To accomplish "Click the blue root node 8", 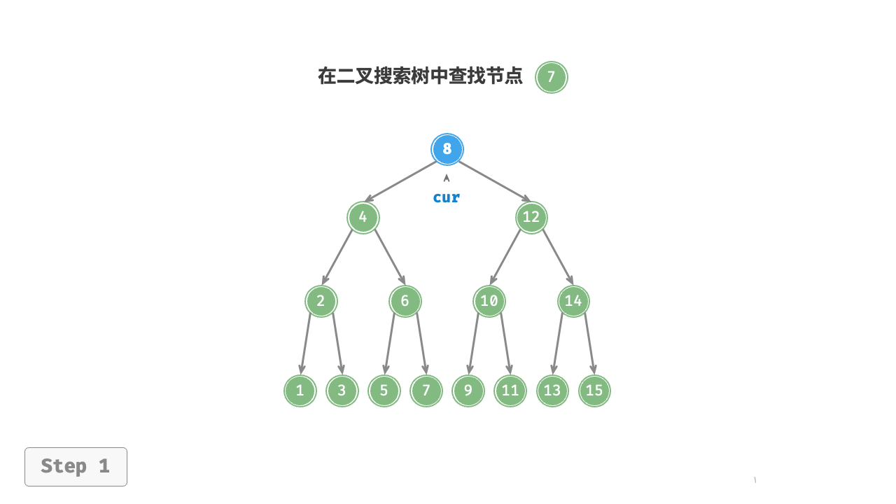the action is [447, 149].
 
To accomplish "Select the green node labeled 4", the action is [363, 217].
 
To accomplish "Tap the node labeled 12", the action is [531, 217].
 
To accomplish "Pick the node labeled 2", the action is [321, 301].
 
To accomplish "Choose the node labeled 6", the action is [405, 301].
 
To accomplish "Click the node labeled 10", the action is [489, 301].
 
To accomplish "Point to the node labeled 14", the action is [573, 301].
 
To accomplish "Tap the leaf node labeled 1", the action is [300, 391].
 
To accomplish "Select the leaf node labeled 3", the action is [342, 391].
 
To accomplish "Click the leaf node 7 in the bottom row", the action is [426, 391].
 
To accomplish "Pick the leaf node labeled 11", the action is [510, 391].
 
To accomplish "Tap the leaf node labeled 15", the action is [594, 391].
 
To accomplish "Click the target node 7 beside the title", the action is [551, 77].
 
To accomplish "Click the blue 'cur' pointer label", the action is [447, 197].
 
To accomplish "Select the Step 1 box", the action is [76, 467].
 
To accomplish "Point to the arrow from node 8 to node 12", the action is [494, 181].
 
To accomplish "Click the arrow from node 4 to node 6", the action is [390, 257].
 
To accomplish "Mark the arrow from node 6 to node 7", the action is [422, 344].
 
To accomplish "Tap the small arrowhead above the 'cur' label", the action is [447, 178].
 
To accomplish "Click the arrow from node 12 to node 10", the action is [505, 257].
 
